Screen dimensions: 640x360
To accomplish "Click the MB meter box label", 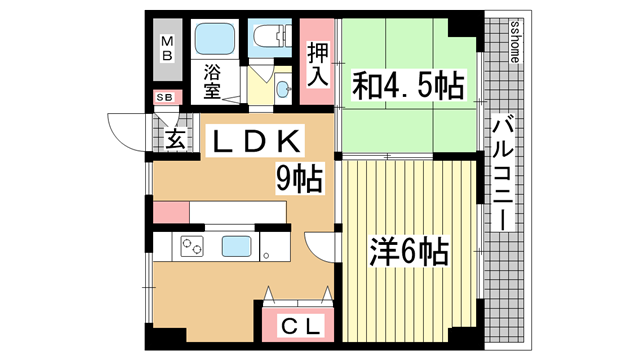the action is coord(167,49).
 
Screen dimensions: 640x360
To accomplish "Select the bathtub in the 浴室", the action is coord(214,39).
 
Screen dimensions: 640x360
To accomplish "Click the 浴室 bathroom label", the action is coord(212,81).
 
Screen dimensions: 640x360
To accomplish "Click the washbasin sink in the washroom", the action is coord(283,87).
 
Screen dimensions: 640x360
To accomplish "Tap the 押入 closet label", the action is coord(318,64).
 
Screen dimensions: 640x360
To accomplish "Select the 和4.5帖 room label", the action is coord(409,85).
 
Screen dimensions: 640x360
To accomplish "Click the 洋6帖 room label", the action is coord(409,251).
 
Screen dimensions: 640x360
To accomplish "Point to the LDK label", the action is coord(255,141).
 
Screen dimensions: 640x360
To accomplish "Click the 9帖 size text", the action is coord(300,178).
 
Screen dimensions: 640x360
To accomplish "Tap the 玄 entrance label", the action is coord(176,139).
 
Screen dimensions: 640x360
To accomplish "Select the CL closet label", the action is coord(300,326).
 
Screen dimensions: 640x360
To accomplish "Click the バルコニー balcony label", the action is coord(502,174).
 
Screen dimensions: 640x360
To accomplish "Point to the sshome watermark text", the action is coord(515,41).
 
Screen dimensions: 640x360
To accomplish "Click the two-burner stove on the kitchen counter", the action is coord(192,247).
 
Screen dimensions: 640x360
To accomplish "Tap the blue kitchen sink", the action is coord(236,247).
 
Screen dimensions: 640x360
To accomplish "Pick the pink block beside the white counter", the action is coord(171,212).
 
